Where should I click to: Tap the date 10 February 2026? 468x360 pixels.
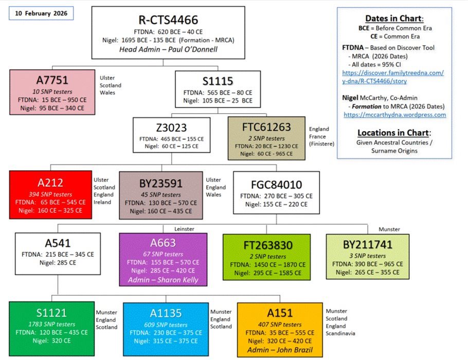point(41,12)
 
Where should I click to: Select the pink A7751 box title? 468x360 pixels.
point(52,80)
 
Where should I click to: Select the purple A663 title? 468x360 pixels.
point(163,243)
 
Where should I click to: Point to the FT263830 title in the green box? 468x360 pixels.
point(266,245)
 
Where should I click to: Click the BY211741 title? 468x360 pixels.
point(368,245)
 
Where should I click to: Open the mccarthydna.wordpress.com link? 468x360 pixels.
point(394,115)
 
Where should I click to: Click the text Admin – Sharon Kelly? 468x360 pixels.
point(163,280)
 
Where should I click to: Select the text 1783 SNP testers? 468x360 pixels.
point(51,324)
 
